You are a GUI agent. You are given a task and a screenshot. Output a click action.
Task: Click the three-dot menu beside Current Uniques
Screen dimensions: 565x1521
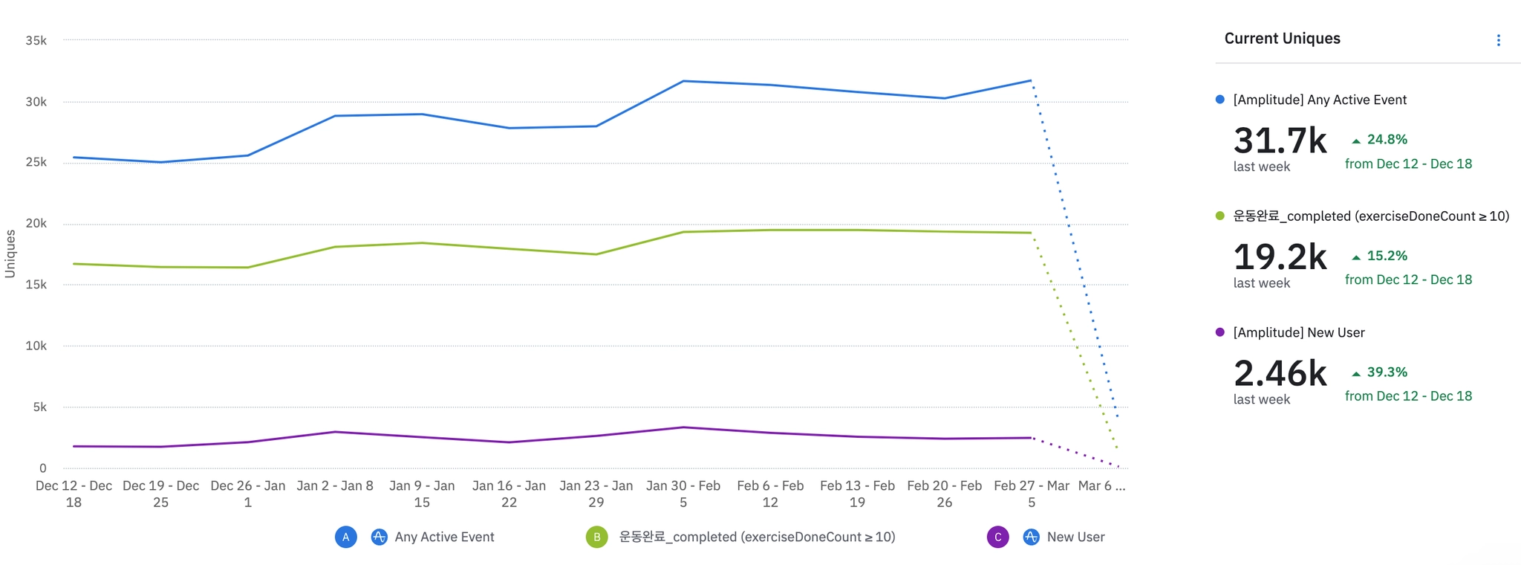(x=1498, y=40)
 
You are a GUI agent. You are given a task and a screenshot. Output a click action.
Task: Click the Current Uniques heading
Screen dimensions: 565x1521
(x=1282, y=39)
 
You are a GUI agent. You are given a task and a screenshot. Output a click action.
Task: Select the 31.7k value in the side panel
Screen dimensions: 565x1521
(x=1280, y=141)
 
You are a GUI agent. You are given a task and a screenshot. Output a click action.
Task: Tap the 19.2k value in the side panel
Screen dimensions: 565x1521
(x=1280, y=257)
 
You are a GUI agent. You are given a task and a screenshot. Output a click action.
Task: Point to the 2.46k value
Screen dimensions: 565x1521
(x=1280, y=373)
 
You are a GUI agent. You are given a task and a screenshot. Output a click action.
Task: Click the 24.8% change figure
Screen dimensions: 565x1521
(x=1387, y=139)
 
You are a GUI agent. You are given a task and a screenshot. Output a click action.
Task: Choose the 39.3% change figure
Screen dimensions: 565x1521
(x=1387, y=372)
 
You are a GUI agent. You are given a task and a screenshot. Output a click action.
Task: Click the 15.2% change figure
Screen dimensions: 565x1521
(x=1387, y=256)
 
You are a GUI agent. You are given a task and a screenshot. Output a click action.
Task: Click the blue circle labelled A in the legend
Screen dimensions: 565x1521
(x=346, y=537)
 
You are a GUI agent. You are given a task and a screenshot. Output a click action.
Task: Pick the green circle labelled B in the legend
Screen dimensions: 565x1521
(x=596, y=537)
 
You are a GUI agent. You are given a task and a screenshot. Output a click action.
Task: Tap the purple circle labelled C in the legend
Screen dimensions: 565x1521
(x=997, y=537)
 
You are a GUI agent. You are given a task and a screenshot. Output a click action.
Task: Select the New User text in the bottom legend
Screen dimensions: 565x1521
(x=1075, y=537)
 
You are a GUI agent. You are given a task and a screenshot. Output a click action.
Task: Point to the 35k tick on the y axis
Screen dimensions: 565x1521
(x=36, y=40)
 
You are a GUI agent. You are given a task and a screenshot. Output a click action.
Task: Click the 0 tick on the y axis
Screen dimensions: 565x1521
(x=42, y=468)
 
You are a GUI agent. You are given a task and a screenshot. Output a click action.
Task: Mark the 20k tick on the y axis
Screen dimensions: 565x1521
(x=36, y=224)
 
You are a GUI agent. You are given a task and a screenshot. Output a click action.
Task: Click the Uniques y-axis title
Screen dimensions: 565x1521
(x=10, y=254)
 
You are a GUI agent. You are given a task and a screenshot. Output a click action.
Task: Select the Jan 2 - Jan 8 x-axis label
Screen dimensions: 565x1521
(x=335, y=486)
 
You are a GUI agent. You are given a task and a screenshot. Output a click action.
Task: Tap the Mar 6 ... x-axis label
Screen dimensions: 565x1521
(x=1101, y=486)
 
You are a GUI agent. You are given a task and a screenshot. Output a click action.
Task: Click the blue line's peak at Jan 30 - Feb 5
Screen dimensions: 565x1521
(x=683, y=81)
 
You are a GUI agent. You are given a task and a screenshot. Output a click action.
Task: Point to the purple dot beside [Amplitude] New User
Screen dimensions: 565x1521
(x=1219, y=332)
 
